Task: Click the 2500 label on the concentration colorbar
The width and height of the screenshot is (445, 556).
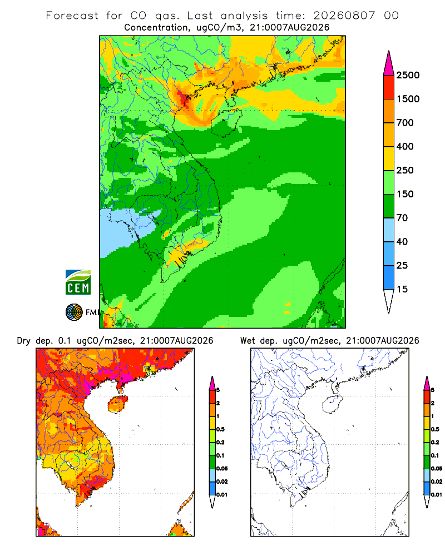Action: tap(408, 75)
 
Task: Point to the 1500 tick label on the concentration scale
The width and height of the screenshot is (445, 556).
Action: tap(408, 99)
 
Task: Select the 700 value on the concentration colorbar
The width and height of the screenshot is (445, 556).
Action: tap(405, 123)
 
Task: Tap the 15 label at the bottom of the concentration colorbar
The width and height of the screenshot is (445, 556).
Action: tap(402, 289)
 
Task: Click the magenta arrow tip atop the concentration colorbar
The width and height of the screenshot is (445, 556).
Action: tap(389, 63)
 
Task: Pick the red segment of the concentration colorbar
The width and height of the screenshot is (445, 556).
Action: tap(389, 87)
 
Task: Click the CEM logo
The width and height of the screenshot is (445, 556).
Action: tap(78, 282)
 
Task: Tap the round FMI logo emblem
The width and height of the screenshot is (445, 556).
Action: tap(74, 312)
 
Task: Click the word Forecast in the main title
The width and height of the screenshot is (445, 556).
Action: tap(72, 16)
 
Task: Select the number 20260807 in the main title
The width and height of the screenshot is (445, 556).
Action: tap(344, 16)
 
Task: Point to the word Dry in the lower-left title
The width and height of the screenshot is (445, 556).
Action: tap(24, 341)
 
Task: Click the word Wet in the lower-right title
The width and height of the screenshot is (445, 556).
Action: tap(248, 341)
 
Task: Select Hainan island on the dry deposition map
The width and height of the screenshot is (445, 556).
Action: tap(117, 404)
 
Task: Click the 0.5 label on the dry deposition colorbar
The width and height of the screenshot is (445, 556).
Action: tap(220, 429)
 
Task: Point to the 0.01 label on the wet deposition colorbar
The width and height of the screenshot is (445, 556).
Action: tap(437, 495)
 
